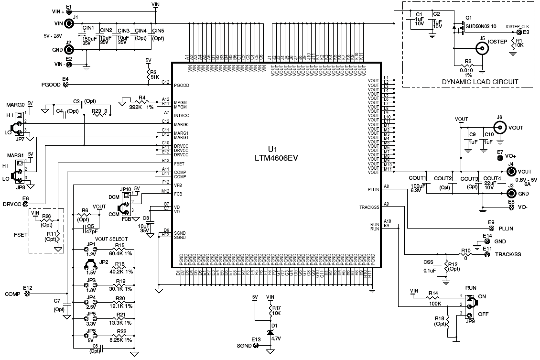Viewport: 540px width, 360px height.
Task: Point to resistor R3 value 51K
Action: tap(155, 77)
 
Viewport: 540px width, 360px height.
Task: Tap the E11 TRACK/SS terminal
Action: tap(487, 255)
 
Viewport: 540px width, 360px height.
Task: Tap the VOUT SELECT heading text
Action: tap(111, 239)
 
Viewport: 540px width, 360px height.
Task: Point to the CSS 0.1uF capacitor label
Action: tap(429, 266)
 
